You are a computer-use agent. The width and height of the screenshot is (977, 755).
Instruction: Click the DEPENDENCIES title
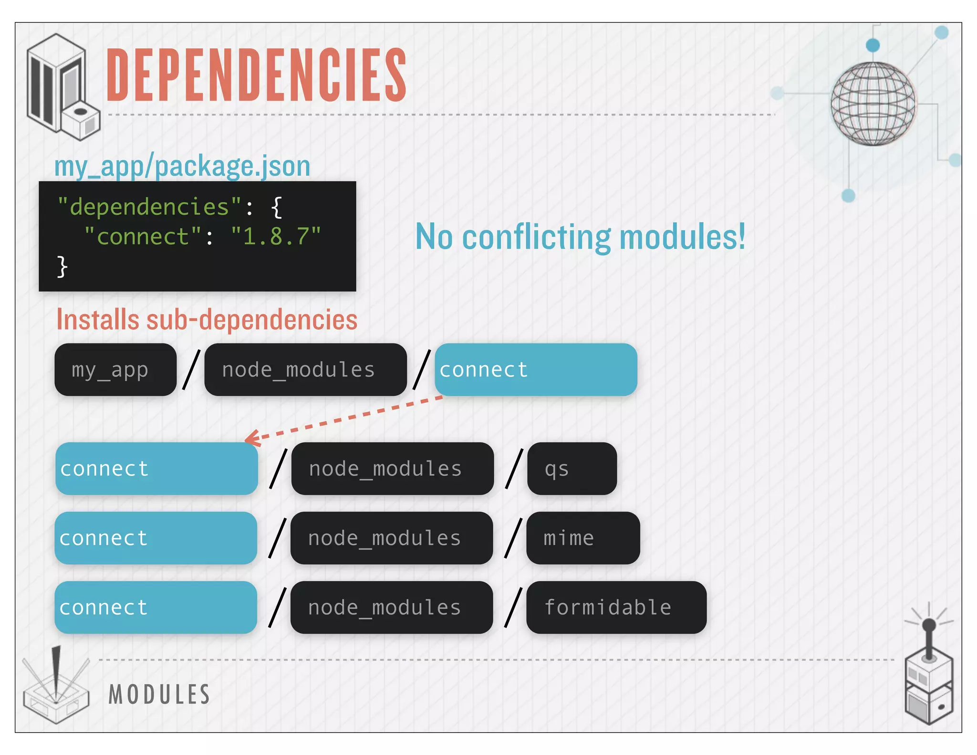[x=256, y=75]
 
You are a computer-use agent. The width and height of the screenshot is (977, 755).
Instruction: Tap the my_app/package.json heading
[x=182, y=166]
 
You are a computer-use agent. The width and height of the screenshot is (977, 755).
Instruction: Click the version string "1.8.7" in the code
[x=276, y=237]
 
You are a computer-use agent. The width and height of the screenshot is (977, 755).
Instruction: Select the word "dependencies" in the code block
[x=149, y=207]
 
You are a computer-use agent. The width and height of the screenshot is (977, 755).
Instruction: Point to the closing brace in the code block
[x=62, y=266]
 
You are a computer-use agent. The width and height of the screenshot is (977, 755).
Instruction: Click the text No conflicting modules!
[x=580, y=237]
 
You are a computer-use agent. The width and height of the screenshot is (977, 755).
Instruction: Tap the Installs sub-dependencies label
[x=207, y=319]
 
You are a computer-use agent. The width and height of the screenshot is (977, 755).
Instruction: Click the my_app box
[x=115, y=370]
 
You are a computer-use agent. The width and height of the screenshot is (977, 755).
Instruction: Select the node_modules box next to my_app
[x=305, y=370]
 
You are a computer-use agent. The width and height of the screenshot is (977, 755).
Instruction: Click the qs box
[x=572, y=469]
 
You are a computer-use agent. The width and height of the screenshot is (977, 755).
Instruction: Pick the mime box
[x=582, y=538]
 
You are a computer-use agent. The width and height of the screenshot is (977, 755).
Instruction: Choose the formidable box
[x=616, y=608]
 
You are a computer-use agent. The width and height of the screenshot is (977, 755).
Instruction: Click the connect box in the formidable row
[x=156, y=608]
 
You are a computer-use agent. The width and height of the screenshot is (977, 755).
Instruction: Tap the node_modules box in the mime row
[x=391, y=538]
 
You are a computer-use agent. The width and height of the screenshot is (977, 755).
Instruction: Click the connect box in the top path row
[x=535, y=370]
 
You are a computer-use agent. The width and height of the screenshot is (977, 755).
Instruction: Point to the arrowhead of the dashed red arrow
[x=250, y=439]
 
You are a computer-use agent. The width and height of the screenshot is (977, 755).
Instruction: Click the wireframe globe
[x=873, y=103]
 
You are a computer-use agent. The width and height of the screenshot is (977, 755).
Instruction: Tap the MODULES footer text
[x=159, y=694]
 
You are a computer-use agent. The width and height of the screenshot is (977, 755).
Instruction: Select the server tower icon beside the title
[x=62, y=87]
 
